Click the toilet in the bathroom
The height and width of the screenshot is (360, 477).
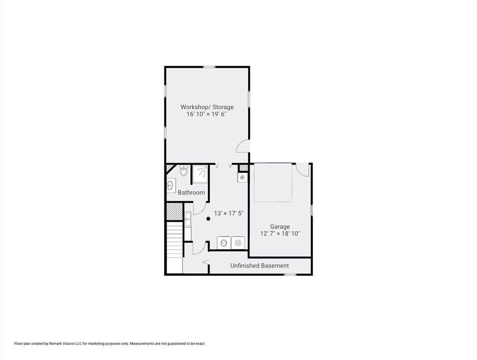click(x=183, y=171)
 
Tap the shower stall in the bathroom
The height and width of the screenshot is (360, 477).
click(x=200, y=174)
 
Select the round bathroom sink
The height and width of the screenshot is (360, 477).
click(x=171, y=185)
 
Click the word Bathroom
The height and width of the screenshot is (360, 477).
click(x=191, y=192)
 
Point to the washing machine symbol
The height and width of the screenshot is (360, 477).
click(x=224, y=243)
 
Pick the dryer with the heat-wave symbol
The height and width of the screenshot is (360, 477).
click(x=238, y=243)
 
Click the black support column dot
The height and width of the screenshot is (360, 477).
click(x=208, y=218)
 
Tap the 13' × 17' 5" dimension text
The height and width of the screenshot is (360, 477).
click(x=229, y=213)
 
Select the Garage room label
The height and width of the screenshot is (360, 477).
click(x=280, y=226)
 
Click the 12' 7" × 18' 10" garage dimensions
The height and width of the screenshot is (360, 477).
click(x=280, y=234)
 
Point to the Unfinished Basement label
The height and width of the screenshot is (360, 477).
click(x=260, y=265)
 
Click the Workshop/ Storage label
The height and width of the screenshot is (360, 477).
click(x=207, y=107)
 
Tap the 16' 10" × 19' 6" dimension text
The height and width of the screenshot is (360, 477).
click(x=207, y=114)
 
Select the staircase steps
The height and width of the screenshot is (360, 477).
click(x=175, y=240)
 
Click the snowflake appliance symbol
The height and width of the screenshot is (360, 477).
click(x=242, y=177)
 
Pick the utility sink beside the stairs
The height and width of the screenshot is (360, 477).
click(x=188, y=219)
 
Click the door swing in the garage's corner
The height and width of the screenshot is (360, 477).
click(x=303, y=170)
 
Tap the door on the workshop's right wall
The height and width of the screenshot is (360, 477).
click(x=243, y=146)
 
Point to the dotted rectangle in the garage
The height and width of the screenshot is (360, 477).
click(x=273, y=183)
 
